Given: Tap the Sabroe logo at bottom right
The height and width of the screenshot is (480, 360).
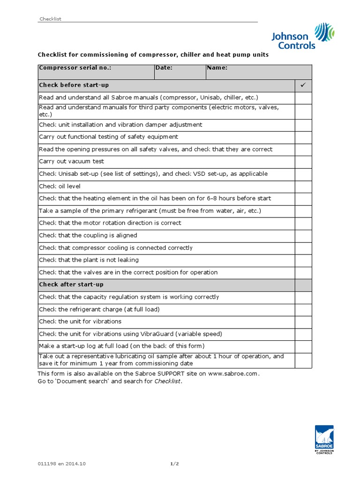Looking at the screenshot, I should point(324,440).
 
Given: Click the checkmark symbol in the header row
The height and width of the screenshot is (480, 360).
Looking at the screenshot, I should point(303,85).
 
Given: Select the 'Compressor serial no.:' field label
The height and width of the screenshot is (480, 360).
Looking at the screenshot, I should point(75,68).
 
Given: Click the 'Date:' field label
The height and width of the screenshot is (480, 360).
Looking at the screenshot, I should point(164,68).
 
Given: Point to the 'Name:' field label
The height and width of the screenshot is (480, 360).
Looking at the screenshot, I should point(217,68).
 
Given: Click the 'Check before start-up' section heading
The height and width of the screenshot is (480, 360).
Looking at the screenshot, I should point(74,85).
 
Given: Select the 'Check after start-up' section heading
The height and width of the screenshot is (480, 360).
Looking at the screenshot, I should point(71,285).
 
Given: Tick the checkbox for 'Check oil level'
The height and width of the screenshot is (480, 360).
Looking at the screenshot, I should point(303,186).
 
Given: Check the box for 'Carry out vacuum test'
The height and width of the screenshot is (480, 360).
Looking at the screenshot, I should point(303,162).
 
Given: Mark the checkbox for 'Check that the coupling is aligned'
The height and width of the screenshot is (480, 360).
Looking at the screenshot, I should point(303,235).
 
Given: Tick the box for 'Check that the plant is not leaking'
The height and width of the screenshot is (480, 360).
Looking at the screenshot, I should point(303,260).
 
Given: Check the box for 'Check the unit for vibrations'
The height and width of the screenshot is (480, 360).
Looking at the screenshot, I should point(303,322).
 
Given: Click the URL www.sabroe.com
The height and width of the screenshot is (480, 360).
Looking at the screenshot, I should point(233,374).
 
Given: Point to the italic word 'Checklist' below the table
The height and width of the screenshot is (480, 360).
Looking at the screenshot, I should point(167,382).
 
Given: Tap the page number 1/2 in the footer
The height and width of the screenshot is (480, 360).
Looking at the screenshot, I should point(174,464).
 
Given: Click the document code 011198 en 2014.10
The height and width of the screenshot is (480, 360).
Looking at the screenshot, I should point(62,464).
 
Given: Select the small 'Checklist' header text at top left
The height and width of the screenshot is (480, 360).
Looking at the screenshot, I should point(50,19).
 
